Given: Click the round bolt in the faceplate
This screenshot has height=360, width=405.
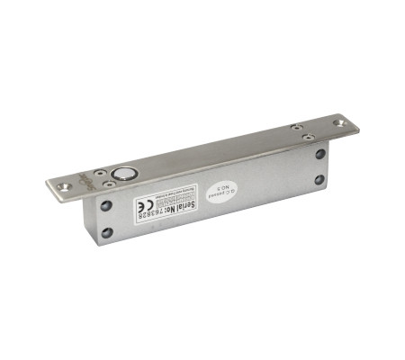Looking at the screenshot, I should (x=122, y=172).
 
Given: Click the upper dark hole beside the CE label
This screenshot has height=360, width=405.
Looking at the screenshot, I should (x=106, y=206).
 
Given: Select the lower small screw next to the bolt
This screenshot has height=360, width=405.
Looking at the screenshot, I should (x=109, y=182).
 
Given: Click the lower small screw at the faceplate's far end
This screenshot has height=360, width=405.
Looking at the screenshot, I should (x=308, y=138).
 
